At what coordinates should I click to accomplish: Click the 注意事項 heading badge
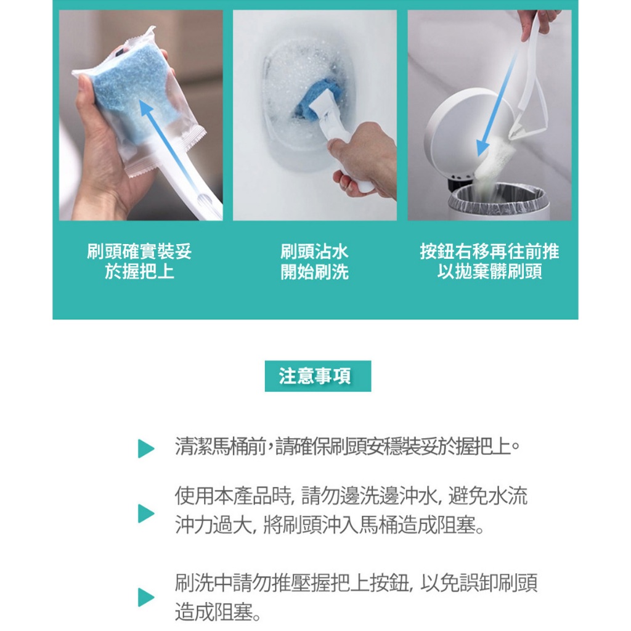(x=317, y=376)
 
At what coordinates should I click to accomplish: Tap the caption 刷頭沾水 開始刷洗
(x=314, y=262)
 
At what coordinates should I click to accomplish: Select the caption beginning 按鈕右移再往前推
(x=489, y=261)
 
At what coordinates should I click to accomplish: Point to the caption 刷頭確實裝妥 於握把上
(x=139, y=261)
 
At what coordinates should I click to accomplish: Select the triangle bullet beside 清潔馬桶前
(x=145, y=449)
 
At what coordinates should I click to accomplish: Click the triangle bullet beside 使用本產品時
(x=145, y=513)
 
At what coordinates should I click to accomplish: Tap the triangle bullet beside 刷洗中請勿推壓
(x=145, y=596)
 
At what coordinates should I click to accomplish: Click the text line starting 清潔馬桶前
(x=348, y=446)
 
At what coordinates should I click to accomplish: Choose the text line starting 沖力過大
(x=330, y=525)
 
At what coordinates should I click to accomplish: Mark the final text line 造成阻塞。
(x=218, y=612)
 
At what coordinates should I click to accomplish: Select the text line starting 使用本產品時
(x=351, y=495)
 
